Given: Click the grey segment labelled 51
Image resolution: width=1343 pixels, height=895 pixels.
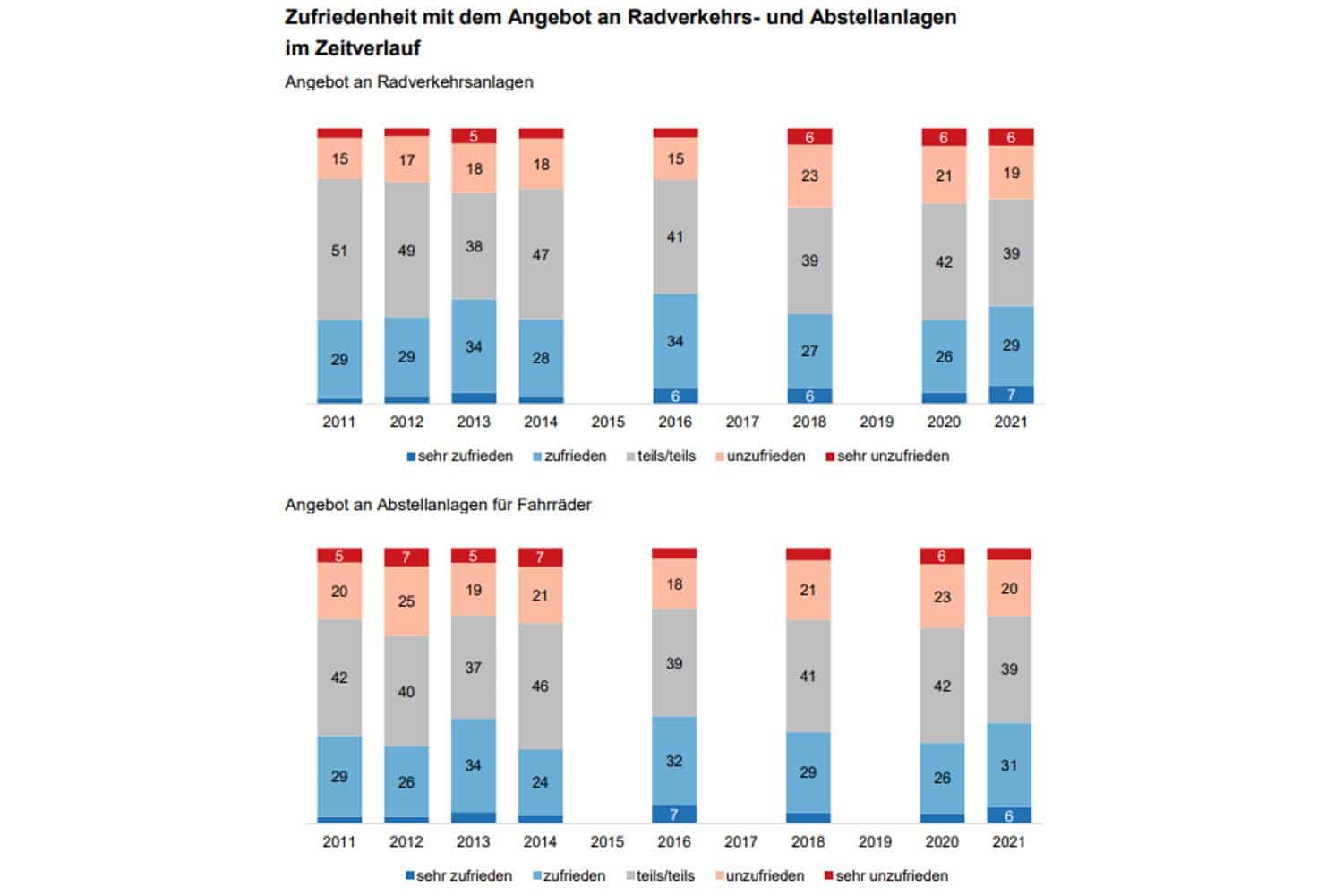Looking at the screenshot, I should pos(339,250).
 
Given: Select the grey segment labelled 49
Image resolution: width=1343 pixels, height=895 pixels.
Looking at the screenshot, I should pos(406,250).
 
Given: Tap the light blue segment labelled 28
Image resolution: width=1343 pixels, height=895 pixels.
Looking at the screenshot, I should pos(541,358).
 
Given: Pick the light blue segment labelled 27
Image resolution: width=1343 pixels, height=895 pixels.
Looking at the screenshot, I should pos(809,351).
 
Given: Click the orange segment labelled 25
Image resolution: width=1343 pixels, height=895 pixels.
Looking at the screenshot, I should pos(406,601).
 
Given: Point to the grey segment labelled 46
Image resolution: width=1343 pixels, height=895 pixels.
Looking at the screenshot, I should pos(540,686).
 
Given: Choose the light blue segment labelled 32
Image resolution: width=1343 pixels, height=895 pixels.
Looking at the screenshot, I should pos(674,761).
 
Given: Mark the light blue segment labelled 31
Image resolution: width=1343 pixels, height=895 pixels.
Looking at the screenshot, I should pos(1009,765).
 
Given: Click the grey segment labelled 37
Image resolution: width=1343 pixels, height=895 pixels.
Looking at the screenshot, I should pos(474,668).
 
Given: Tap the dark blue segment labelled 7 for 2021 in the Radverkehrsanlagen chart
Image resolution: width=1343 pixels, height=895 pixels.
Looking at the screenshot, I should pos(1011,395).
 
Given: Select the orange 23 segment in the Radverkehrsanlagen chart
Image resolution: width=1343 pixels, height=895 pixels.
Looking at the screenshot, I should pos(809,175).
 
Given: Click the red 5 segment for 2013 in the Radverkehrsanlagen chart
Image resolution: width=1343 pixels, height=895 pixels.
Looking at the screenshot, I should pos(474,136).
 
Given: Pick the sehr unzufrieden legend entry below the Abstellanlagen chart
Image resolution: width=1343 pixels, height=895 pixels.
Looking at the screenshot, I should pos(891,875).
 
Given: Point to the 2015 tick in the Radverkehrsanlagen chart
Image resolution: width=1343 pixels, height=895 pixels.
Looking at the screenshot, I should pos(608,422).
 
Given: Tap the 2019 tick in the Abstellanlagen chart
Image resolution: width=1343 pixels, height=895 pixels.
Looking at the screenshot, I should pos(875,841).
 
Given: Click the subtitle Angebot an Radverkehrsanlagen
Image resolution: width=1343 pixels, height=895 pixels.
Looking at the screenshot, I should pos(409,82).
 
